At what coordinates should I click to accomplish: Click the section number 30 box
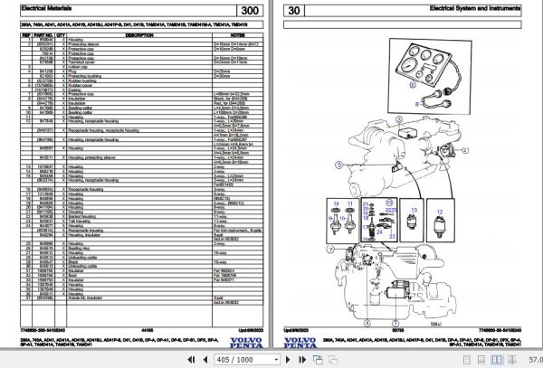coord(296,12)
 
